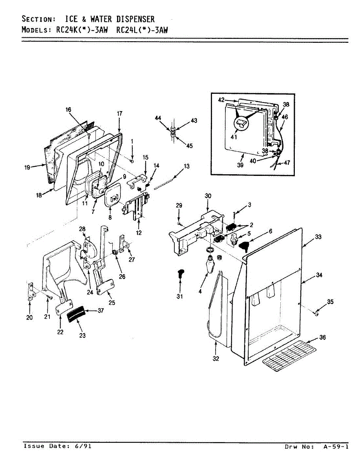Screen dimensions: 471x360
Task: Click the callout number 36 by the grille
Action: [323, 337]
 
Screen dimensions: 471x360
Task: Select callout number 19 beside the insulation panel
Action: [27, 167]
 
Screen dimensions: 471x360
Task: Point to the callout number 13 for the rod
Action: [186, 166]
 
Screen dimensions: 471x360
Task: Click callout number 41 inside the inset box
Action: [234, 137]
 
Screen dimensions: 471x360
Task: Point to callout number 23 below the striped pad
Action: [82, 336]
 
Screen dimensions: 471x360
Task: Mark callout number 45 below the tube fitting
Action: [190, 146]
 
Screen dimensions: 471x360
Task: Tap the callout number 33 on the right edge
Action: [318, 237]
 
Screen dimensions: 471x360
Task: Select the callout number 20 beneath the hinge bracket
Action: [29, 318]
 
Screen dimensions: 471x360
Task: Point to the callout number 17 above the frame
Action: [119, 113]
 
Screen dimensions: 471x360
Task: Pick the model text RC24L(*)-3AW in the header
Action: [143, 30]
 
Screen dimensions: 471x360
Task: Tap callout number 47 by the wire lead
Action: [287, 162]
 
